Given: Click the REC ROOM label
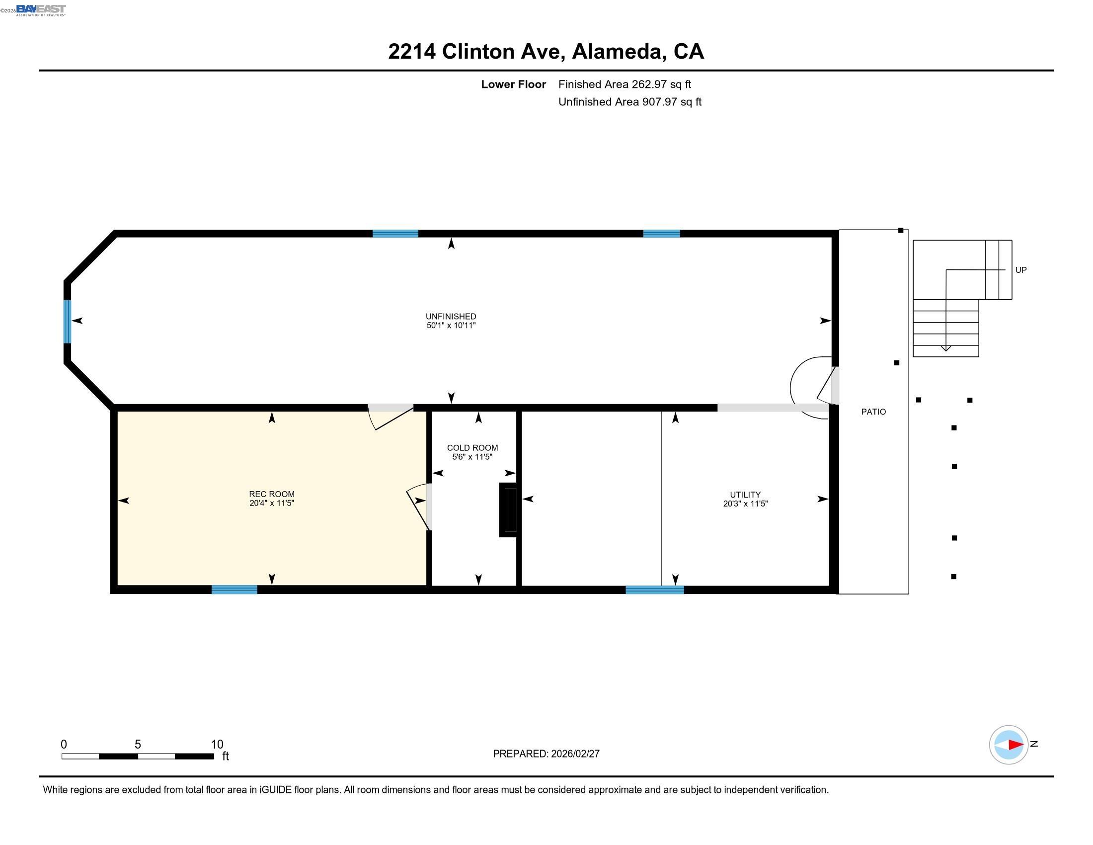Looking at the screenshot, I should (272, 494).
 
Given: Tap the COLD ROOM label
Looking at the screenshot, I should (472, 448).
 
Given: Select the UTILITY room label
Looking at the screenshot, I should (745, 495).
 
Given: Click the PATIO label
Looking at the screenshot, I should (873, 412).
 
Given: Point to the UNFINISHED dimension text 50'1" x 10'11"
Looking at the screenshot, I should (451, 326).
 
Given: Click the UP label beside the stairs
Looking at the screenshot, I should (1020, 270).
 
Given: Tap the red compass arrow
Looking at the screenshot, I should (1015, 745).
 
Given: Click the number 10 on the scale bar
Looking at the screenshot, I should (217, 744).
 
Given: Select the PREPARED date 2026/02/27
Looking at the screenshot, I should (574, 754).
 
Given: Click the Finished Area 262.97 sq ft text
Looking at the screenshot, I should (624, 84).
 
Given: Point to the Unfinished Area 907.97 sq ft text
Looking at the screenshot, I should (629, 101).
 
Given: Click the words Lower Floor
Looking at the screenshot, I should (513, 84).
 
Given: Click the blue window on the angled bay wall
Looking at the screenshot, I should (67, 322).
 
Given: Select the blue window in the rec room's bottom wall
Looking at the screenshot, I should (234, 589).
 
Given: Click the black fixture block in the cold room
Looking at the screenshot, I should (508, 509).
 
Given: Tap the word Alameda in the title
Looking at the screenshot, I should (618, 51).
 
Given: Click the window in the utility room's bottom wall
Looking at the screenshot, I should (655, 589).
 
